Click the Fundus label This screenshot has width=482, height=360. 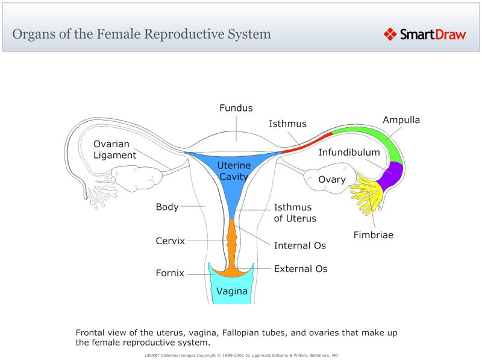236,108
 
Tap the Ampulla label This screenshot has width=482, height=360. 401,120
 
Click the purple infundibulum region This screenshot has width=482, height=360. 392,172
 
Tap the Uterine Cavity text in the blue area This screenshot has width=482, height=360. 234,171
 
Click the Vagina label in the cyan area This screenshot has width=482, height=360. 231,291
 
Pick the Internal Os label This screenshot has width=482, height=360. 299,245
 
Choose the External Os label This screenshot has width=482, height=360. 301,268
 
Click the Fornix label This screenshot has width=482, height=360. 169,273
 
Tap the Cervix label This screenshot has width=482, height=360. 170,241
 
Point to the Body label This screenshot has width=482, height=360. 167,207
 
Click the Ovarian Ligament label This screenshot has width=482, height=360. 114,150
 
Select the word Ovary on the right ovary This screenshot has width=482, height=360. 332,179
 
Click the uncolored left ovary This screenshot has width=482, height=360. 139,178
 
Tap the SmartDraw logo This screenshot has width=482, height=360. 425,34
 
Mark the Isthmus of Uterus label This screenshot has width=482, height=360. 295,212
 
